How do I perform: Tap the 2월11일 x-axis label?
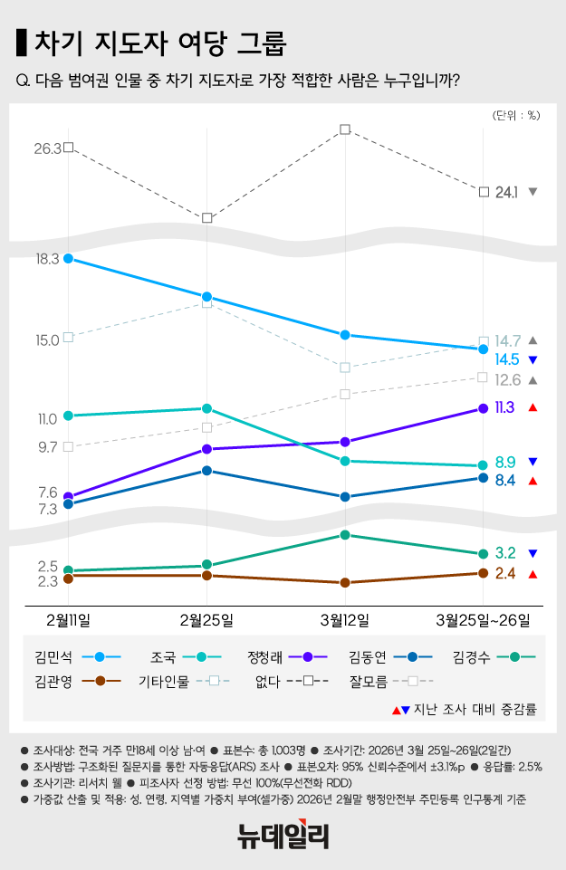click(69, 619)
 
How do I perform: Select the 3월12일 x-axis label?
click(345, 619)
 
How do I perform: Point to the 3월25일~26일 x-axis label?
click(483, 619)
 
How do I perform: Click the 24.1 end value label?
click(507, 192)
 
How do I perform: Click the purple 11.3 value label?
click(505, 407)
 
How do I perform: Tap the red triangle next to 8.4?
click(533, 481)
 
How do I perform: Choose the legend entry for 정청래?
click(280, 656)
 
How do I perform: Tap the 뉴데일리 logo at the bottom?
click(283, 835)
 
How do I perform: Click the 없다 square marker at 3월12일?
click(345, 130)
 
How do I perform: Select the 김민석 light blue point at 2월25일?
click(207, 297)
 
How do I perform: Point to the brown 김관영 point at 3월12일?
click(345, 583)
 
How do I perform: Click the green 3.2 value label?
click(505, 553)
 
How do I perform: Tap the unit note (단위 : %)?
click(516, 115)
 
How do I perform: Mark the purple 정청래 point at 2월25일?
click(207, 449)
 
